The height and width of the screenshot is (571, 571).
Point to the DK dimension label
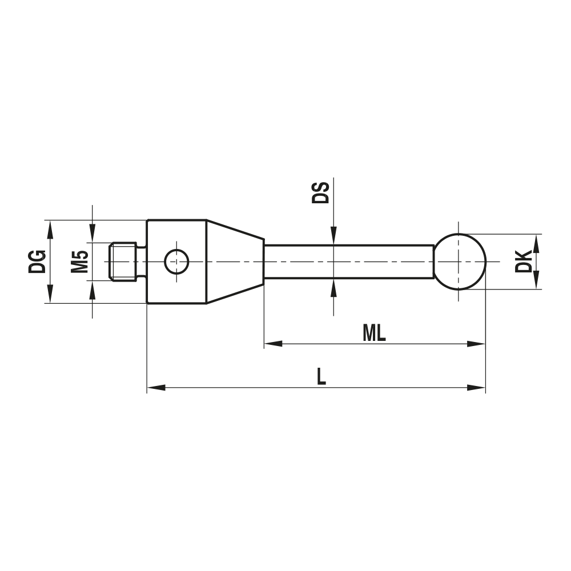point(523,261)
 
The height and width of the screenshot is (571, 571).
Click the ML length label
point(374,334)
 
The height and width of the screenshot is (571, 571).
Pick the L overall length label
point(321,377)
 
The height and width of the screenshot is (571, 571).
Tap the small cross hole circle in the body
point(176,262)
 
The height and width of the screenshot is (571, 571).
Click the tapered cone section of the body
point(234,262)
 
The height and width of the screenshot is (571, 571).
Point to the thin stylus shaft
point(348,262)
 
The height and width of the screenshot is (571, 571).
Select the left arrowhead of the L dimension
point(156,388)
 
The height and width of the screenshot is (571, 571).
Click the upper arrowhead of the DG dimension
point(50,229)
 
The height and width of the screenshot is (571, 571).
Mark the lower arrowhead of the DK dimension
point(536,280)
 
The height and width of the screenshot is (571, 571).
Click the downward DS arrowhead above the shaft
point(333,236)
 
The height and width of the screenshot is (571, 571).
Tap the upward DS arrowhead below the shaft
point(333,287)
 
